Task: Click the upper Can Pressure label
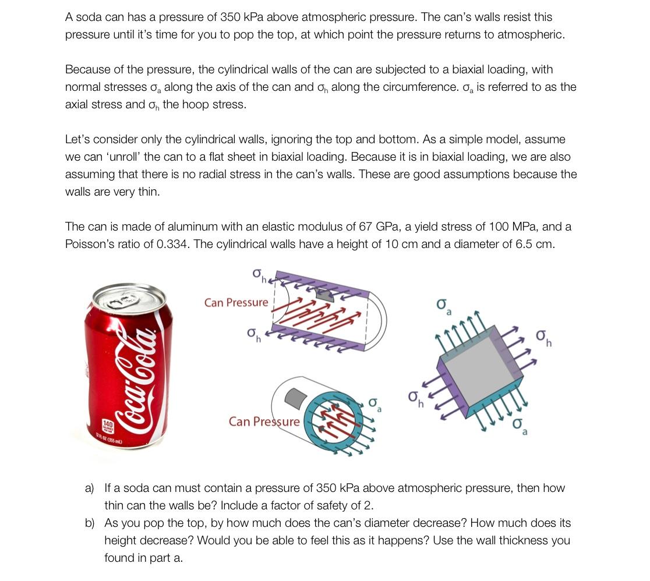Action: tap(236, 303)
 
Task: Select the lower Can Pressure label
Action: tap(264, 421)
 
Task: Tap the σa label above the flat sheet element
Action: tap(444, 306)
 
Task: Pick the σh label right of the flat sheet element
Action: tap(543, 338)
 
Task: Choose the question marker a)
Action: tap(90, 488)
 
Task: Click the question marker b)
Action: tap(90, 523)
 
